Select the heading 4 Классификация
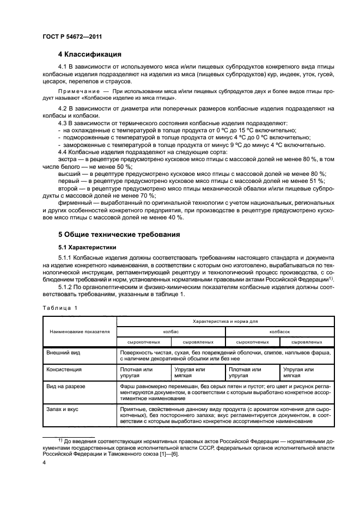pyautogui.click(x=89, y=54)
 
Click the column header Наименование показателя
pyautogui.click(x=80, y=331)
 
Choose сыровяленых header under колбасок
pyautogui.click(x=306, y=342)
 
